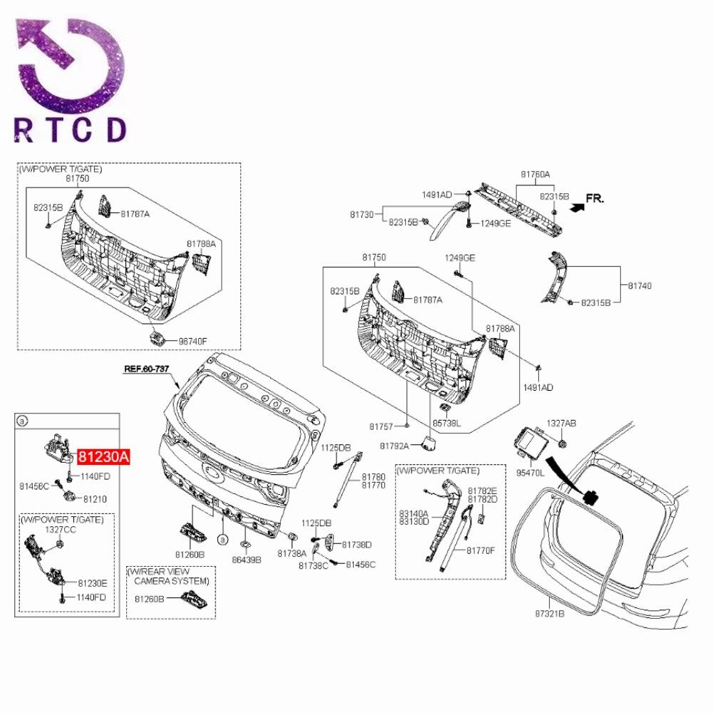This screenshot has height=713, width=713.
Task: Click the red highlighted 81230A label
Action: (103, 456)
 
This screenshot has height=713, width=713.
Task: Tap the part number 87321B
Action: (550, 613)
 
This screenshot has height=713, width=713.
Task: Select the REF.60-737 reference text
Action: (147, 369)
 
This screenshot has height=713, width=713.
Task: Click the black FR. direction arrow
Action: (577, 207)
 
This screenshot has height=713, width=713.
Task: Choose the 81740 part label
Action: (640, 286)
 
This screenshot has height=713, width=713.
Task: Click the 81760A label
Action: (535, 174)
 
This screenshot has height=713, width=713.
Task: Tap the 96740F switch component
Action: (157, 338)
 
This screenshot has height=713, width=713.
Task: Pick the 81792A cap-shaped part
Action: (429, 443)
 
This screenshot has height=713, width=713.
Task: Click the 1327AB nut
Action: (562, 443)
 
